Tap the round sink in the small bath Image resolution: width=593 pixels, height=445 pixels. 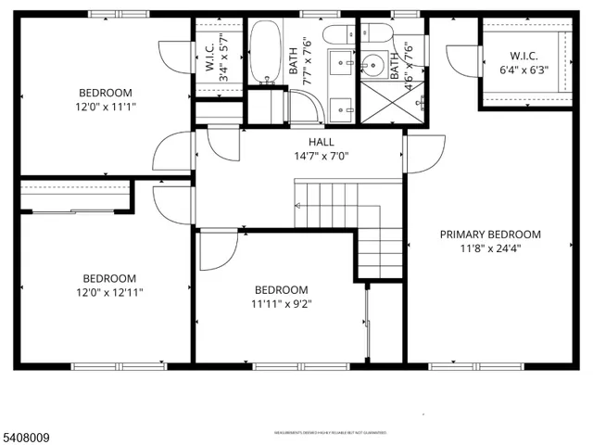(375, 64)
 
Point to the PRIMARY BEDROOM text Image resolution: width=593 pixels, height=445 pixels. (490, 235)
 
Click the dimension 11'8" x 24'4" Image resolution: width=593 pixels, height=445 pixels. (490, 248)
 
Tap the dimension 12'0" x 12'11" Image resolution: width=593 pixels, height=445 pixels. (109, 292)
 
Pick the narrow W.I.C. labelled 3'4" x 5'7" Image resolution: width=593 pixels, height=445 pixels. (218, 58)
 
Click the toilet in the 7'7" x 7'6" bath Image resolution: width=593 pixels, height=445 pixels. (335, 34)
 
